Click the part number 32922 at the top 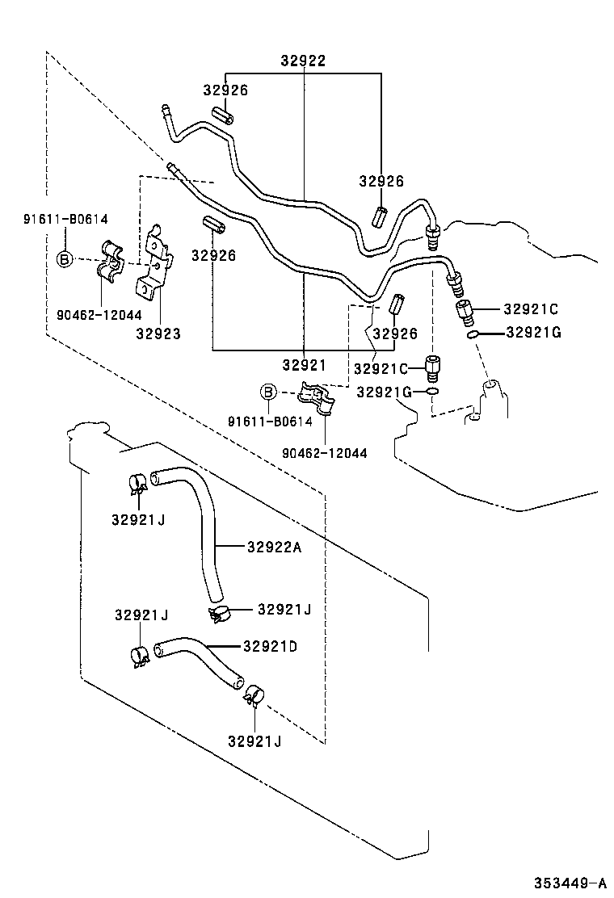point(303,61)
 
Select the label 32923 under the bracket point(158,334)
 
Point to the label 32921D point(270,645)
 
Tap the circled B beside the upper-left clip point(65,259)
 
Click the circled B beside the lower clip point(267,392)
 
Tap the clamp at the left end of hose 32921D point(138,657)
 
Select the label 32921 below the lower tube point(305,365)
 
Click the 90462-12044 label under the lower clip point(324,453)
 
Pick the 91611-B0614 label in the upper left point(65,218)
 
